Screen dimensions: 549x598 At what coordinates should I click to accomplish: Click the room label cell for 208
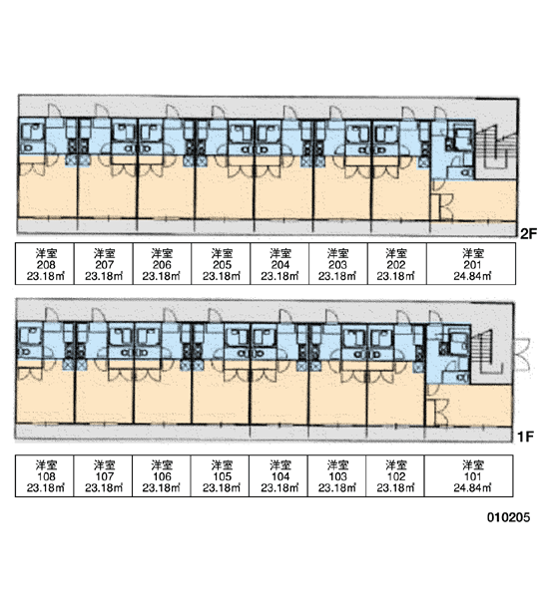pos(45,263)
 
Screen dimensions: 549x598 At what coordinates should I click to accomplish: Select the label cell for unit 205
pos(221,263)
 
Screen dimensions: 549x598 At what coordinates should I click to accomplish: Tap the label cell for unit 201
pos(471,263)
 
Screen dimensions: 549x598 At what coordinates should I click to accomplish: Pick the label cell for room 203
pos(338,263)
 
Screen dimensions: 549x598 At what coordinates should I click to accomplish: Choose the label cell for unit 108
pos(44,475)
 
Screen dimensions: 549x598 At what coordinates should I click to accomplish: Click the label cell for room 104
pos(278,475)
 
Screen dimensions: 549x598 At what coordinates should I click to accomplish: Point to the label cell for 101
pos(469,475)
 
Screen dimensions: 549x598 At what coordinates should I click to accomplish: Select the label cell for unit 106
pos(162,475)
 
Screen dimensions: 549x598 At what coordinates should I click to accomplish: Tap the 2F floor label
pos(528,233)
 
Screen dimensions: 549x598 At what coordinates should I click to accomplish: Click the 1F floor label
pos(525,437)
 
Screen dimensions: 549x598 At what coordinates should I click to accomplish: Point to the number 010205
pos(508,517)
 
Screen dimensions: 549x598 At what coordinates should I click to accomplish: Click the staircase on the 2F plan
pos(496,148)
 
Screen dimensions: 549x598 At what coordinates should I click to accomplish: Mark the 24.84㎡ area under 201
pos(472,276)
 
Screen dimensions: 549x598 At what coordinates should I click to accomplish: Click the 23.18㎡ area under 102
pos(395,487)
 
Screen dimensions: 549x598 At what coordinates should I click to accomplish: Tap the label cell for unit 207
pos(104,263)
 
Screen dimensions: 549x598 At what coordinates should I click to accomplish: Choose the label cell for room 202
pos(397,263)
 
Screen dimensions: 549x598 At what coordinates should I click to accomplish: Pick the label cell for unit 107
pos(103,475)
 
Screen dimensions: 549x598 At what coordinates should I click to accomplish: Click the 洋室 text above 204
pos(280,253)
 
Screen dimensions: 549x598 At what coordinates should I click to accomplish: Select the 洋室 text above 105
pos(222,465)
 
